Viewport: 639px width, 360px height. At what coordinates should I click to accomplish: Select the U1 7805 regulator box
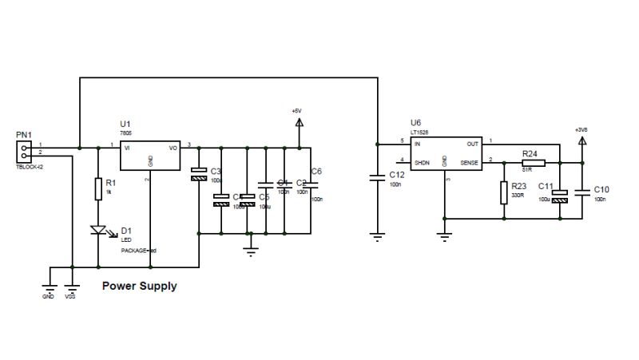(150, 156)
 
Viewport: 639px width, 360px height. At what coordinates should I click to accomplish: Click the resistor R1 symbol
(98, 189)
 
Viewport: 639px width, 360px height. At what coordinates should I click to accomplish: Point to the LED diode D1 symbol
(99, 231)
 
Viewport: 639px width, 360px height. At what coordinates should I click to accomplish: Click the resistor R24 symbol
(534, 162)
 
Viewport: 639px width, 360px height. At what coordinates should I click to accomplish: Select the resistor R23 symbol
(504, 192)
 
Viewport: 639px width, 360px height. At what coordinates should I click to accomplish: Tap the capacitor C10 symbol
(582, 191)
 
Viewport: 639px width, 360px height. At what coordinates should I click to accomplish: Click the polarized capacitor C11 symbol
(560, 194)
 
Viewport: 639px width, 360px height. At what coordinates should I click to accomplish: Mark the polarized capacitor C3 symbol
(198, 175)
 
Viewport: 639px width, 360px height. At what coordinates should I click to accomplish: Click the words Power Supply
(140, 285)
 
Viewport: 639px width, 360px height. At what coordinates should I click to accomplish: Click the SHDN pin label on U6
(423, 162)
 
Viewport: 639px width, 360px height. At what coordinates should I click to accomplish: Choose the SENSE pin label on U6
(469, 162)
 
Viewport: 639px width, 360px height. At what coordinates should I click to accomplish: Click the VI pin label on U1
(127, 147)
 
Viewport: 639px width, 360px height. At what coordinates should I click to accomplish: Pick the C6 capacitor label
(316, 172)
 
